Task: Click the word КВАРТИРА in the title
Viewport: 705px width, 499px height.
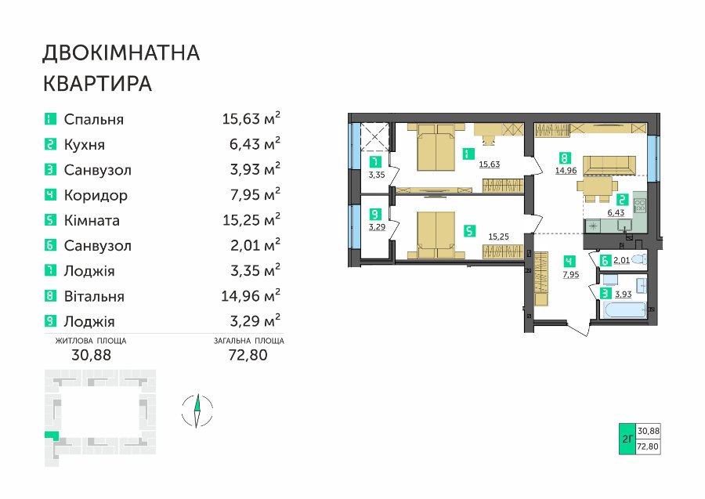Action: click(x=98, y=84)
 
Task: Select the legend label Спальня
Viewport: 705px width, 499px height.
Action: click(x=93, y=120)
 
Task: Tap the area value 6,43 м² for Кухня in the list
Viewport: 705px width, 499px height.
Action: click(x=255, y=144)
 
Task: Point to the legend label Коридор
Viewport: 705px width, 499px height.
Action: click(x=96, y=196)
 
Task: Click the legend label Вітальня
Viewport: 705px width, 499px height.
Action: click(x=94, y=297)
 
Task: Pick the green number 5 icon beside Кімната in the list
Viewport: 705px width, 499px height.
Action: click(x=50, y=220)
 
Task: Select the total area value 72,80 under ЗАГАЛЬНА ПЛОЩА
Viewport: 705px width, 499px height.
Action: click(x=248, y=355)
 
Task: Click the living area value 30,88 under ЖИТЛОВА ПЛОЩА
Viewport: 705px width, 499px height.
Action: click(x=92, y=355)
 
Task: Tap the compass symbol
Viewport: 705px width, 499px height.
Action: click(x=197, y=410)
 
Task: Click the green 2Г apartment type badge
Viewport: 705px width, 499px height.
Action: click(x=627, y=439)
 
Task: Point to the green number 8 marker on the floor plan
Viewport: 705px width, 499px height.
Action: click(x=565, y=157)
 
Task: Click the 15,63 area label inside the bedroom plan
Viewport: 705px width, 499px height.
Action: click(x=489, y=165)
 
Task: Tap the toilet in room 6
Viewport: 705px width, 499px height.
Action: click(x=639, y=259)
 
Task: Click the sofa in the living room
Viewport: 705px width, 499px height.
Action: click(x=609, y=166)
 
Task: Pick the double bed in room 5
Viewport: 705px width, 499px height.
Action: click(x=436, y=236)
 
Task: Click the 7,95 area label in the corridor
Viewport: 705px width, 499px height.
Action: click(x=571, y=275)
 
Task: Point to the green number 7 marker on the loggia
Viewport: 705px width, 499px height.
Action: click(x=374, y=162)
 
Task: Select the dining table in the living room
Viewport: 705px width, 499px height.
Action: click(x=598, y=186)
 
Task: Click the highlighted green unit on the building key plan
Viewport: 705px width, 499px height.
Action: click(x=51, y=436)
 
